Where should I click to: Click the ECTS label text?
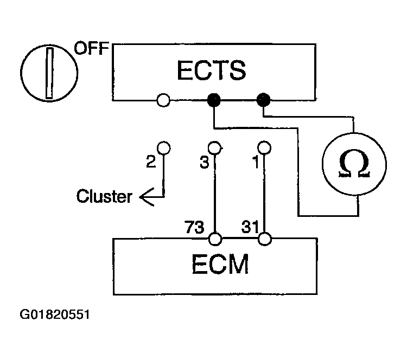(x=212, y=70)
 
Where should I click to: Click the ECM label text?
(x=220, y=264)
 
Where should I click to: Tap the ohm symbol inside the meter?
(x=354, y=163)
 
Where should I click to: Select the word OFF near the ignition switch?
(x=92, y=48)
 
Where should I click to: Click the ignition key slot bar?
(x=49, y=73)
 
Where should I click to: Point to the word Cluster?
(x=104, y=196)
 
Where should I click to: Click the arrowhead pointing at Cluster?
(x=147, y=197)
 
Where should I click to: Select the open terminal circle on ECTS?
(x=163, y=100)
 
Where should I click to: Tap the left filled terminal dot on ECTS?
(x=214, y=100)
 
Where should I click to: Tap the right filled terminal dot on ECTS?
(x=263, y=100)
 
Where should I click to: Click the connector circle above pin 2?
(x=164, y=148)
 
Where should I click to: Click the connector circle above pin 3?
(x=214, y=148)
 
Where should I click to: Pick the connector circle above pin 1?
(x=264, y=148)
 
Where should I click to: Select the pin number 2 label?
(x=151, y=162)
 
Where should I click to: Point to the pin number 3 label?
(x=204, y=162)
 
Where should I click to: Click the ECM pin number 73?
(x=194, y=227)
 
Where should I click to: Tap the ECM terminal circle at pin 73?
(x=215, y=239)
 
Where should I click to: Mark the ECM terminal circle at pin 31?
(x=265, y=239)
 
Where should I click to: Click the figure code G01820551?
(x=55, y=314)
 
